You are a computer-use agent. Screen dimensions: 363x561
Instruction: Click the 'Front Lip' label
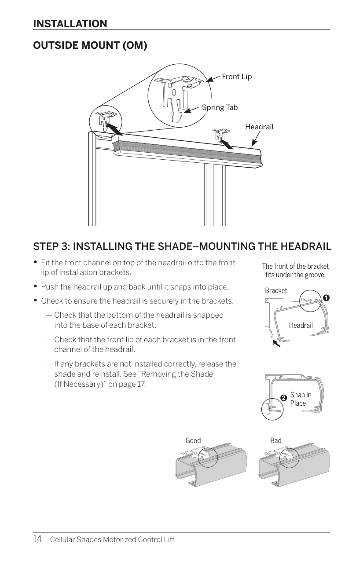pos(237,77)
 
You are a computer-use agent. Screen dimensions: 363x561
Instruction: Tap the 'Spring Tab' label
pos(220,107)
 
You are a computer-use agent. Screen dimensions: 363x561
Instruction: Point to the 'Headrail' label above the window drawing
pos(259,127)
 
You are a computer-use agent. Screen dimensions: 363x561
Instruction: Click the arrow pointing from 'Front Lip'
pos(213,78)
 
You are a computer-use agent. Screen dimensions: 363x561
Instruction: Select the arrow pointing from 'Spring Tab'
pos(191,110)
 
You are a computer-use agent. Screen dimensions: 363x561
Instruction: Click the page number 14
pos(37,539)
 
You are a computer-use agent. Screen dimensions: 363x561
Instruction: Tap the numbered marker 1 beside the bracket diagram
pos(326,298)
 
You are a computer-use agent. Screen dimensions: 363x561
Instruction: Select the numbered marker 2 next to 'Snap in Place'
pos(284,398)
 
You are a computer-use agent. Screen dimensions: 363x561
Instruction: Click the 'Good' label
pos(193,440)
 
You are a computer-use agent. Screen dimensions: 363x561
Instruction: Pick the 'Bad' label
pos(276,440)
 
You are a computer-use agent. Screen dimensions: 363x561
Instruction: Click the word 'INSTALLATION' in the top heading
pos(70,24)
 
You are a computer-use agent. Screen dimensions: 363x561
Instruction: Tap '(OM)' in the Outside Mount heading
pos(135,45)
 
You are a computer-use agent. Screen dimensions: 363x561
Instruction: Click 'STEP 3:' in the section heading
pos(51,246)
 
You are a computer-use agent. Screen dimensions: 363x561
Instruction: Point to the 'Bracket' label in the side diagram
pos(276,290)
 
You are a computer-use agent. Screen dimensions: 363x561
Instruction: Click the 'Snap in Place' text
pos(301,399)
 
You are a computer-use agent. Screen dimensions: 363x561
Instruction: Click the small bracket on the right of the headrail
pos(221,135)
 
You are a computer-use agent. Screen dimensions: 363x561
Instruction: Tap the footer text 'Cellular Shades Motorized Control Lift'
pos(112,539)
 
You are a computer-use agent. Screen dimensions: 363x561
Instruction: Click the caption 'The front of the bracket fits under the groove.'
pos(295,271)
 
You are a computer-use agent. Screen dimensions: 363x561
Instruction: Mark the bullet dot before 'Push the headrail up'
pos(36,286)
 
